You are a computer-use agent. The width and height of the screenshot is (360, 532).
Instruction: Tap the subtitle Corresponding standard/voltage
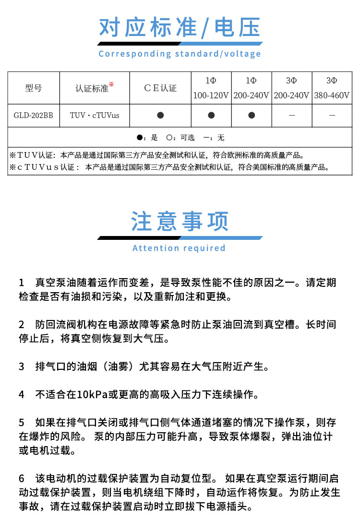180,54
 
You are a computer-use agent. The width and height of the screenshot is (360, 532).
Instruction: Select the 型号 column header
34,88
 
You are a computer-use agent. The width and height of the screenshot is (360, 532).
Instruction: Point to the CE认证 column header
160,88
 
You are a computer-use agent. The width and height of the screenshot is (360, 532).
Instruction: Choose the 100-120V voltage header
211,95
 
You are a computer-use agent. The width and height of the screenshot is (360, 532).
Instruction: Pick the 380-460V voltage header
332,95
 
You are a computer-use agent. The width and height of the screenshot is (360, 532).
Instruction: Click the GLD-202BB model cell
34,116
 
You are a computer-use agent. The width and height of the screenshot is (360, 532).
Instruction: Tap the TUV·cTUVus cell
95,116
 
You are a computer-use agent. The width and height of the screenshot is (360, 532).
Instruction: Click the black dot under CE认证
160,115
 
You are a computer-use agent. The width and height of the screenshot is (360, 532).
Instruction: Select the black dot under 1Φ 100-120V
211,115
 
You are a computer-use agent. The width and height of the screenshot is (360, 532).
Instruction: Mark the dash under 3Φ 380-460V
332,116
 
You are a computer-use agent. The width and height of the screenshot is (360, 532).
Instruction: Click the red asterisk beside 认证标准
111,84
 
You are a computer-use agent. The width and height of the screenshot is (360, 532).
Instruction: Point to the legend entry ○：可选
180,138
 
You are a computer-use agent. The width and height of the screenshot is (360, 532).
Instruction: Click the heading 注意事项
180,222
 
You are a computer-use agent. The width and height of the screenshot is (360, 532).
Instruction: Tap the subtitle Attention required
179,248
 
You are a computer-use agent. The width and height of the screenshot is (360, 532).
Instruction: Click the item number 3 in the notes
22,367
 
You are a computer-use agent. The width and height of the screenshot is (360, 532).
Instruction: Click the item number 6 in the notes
22,479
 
